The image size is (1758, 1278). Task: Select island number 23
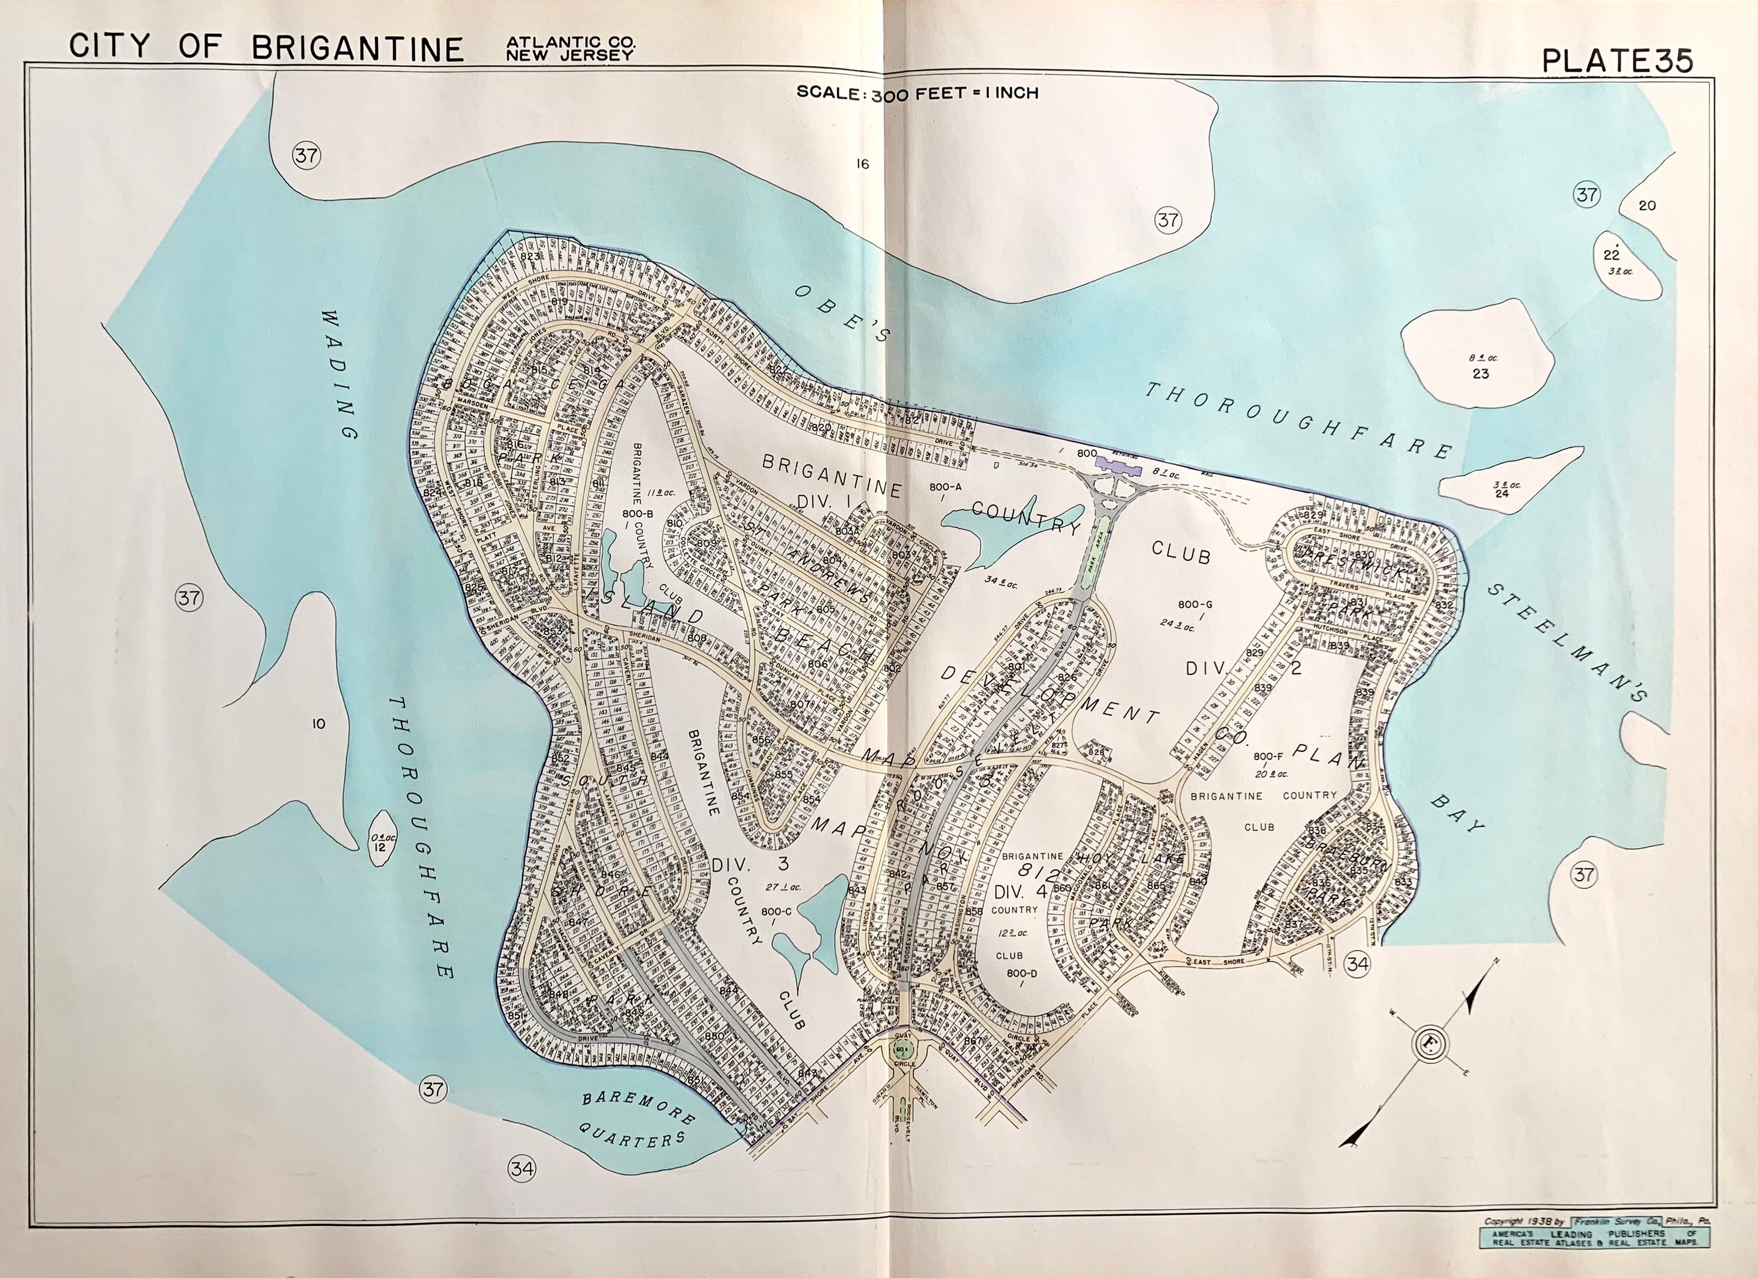coord(1479,365)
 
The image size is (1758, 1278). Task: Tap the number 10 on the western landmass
coord(318,724)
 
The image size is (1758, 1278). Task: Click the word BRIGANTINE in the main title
coord(357,48)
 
